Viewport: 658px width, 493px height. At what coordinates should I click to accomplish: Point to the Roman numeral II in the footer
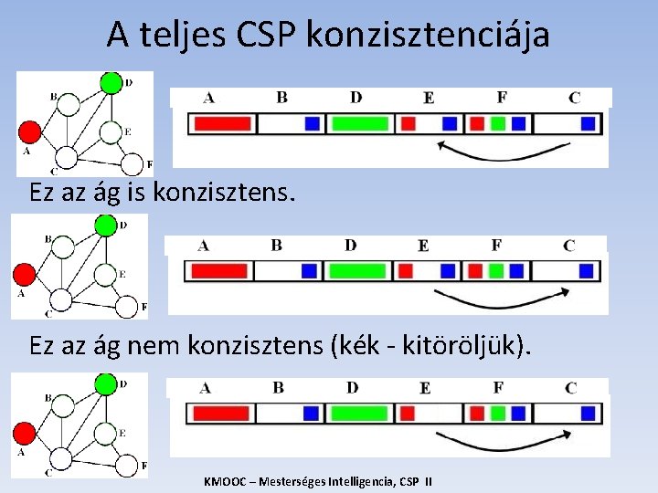(428, 481)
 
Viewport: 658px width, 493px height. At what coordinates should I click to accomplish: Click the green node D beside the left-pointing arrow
(111, 82)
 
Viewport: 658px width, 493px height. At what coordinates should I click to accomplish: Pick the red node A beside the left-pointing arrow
(28, 131)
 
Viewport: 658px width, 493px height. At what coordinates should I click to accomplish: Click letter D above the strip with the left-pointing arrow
(356, 97)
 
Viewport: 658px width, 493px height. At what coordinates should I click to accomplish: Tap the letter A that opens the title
(117, 36)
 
